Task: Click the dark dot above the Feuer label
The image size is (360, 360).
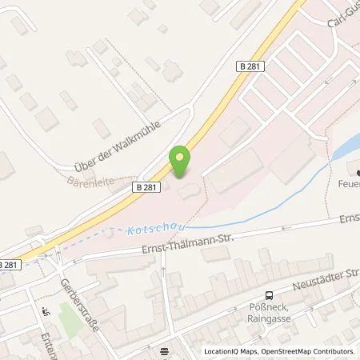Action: coord(357,172)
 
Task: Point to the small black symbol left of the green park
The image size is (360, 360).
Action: coord(46,313)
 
